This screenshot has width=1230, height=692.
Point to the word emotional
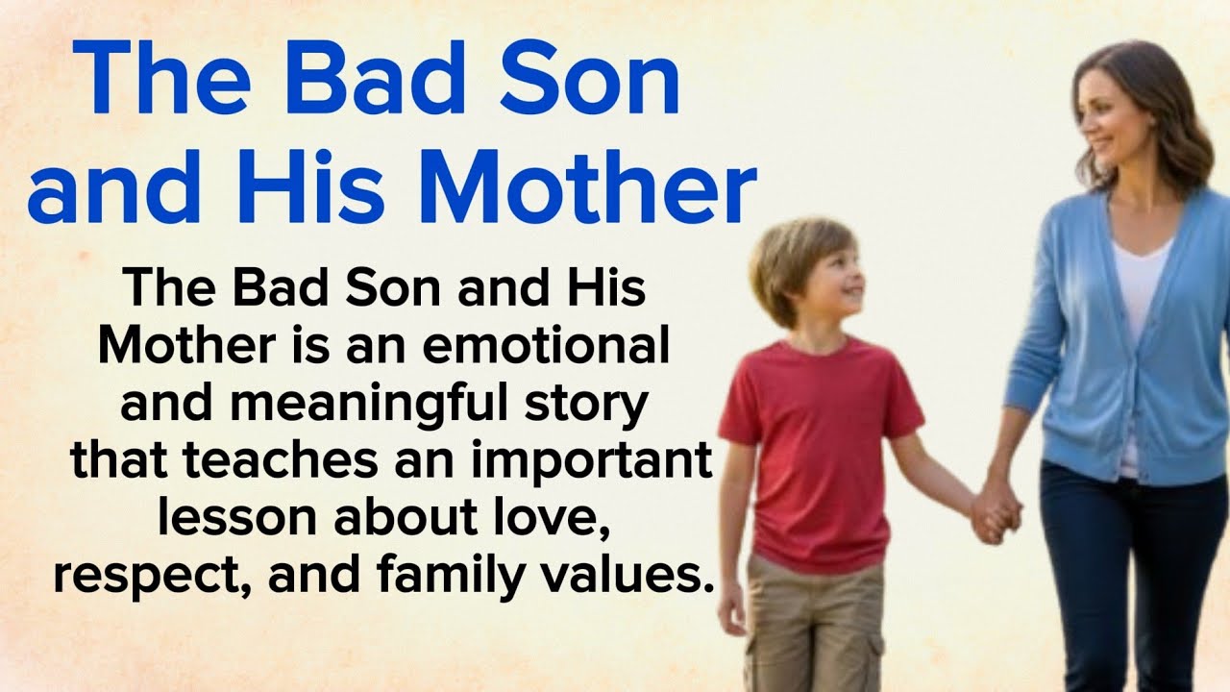click(x=545, y=346)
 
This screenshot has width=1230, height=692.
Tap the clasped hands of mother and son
click(x=996, y=510)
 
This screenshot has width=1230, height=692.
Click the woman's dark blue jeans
click(x=1134, y=577)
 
